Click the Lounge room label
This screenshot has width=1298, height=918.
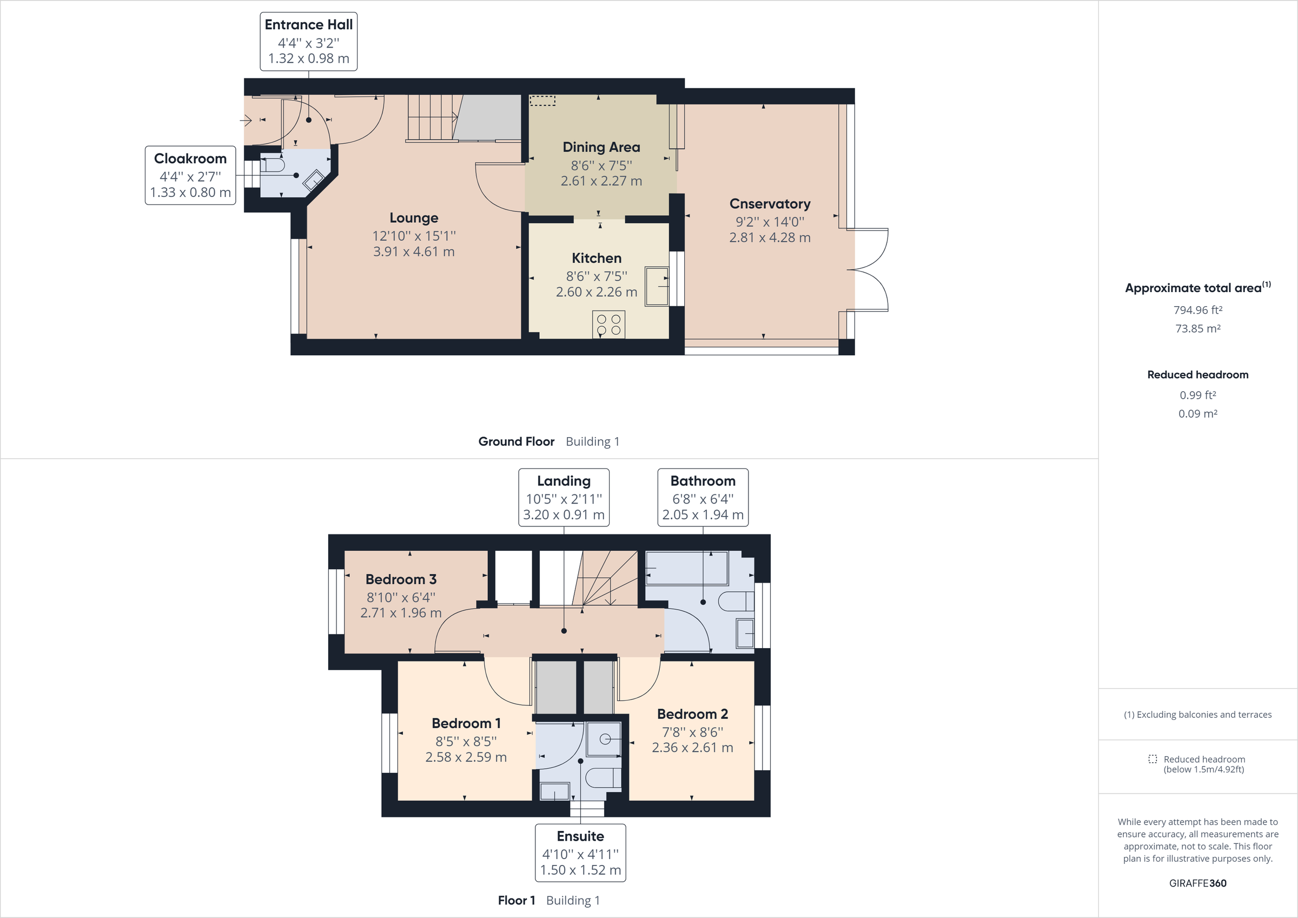tap(413, 218)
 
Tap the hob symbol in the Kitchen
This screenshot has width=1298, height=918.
tap(608, 324)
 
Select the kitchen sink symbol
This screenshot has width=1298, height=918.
tap(657, 286)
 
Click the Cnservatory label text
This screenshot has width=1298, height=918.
tap(770, 203)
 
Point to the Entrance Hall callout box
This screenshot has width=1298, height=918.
tap(308, 42)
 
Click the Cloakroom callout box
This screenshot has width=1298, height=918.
tap(190, 175)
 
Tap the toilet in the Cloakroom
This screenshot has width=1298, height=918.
tap(273, 164)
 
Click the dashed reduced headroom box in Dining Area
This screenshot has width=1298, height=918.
tap(542, 101)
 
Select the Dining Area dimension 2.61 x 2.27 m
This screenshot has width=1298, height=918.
tap(601, 181)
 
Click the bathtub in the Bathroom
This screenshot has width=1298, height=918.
tap(686, 569)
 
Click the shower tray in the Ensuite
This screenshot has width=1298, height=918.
tap(604, 739)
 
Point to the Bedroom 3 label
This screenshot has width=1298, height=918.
tap(401, 579)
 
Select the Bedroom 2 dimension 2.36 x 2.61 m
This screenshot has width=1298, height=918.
tap(692, 748)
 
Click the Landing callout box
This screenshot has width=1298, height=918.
tap(564, 498)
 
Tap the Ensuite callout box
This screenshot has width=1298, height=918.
tap(580, 853)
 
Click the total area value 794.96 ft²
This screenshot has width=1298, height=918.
tap(1197, 310)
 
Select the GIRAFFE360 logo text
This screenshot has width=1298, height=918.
tap(1197, 883)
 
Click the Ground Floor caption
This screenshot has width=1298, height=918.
tap(516, 441)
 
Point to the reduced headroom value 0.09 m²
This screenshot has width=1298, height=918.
tap(1197, 413)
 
